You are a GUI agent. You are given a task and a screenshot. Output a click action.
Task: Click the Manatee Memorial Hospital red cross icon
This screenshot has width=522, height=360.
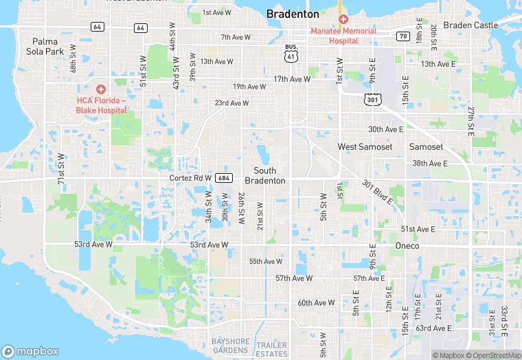click(343, 19)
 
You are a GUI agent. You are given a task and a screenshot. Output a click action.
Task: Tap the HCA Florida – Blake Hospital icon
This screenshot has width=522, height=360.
click(101, 89)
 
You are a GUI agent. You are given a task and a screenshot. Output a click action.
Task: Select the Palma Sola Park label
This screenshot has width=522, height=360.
click(45, 46)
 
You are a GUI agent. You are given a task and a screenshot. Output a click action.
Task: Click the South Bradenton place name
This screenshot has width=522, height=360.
click(265, 175)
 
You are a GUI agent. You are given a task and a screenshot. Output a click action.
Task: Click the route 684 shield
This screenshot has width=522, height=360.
click(223, 177)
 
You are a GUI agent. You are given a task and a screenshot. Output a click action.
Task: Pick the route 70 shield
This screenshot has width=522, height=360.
click(403, 35)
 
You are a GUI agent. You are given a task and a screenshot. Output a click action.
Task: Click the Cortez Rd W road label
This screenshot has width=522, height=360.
click(190, 178)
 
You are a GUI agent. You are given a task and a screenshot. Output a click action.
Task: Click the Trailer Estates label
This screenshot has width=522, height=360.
click(272, 349)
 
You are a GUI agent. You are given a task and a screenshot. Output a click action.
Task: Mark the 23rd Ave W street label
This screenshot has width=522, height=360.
click(231, 103)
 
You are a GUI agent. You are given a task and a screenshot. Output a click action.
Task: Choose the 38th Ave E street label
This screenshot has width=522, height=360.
click(429, 164)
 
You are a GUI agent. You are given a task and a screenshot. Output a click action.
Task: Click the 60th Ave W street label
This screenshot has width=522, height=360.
click(316, 303)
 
